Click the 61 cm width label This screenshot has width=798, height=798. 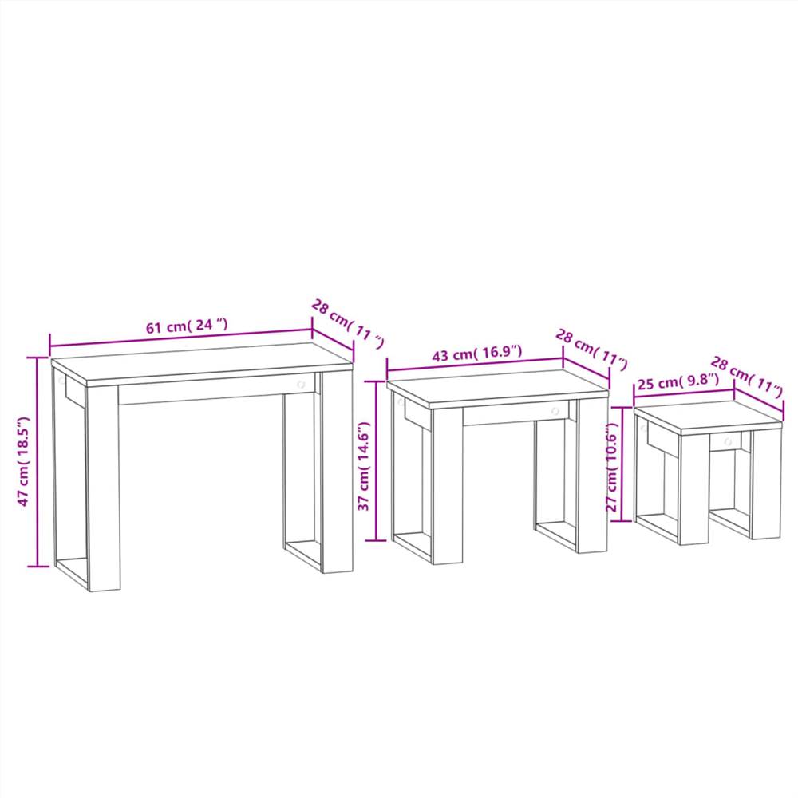pyautogui.click(x=187, y=327)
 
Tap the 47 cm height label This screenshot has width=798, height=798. pyautogui.click(x=24, y=461)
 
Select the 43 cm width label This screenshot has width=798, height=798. pyautogui.click(x=476, y=353)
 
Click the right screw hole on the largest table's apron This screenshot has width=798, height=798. pyautogui.click(x=302, y=385)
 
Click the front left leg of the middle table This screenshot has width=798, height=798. pyautogui.click(x=447, y=487)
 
